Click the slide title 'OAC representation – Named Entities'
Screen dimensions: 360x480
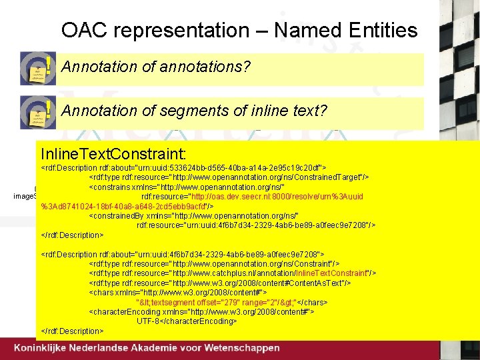(239, 31)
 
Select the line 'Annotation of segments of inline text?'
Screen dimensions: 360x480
(194, 110)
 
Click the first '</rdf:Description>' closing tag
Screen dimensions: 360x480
(73, 235)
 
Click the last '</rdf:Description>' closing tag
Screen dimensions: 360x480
(73, 331)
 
